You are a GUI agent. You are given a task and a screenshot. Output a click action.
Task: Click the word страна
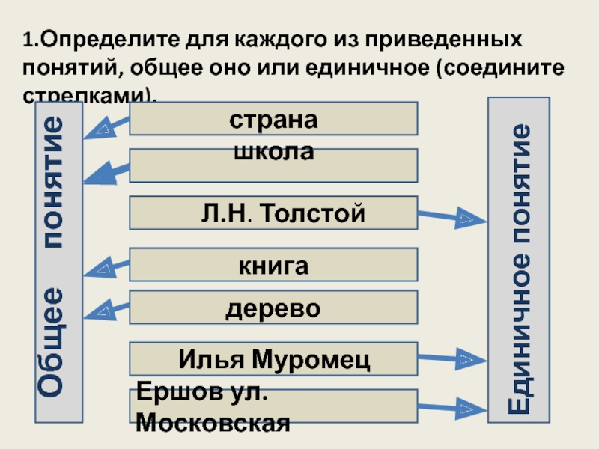tap(273, 120)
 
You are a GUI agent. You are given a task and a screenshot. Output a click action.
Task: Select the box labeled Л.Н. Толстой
tap(273, 213)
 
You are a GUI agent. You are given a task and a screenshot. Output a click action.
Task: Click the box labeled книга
tap(273, 265)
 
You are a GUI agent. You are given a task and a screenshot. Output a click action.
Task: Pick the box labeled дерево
tap(273, 308)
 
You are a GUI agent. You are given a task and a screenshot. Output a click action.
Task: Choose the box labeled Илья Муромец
tap(273, 359)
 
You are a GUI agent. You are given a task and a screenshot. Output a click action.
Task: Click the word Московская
tap(213, 424)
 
